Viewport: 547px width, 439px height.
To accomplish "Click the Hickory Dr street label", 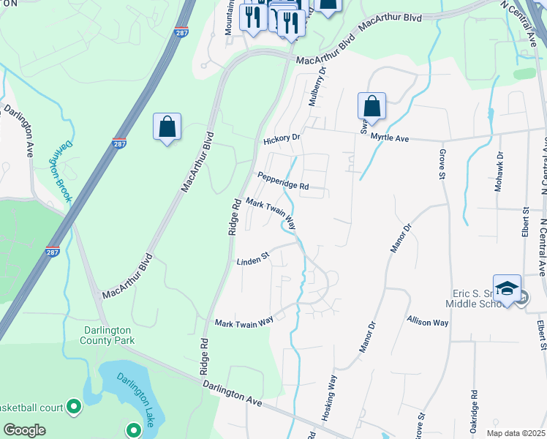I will tap(282, 138).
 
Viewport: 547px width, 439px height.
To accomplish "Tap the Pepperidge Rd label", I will tap(282, 181).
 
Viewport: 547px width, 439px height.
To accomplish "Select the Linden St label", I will tap(253, 259).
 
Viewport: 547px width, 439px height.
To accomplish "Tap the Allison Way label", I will tap(428, 321).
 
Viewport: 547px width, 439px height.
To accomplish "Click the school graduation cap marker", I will tap(507, 288).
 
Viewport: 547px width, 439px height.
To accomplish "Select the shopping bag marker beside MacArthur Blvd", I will tap(167, 127).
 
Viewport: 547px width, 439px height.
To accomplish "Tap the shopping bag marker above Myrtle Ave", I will tap(371, 106).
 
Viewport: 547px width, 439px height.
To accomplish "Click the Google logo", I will tap(24, 430).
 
